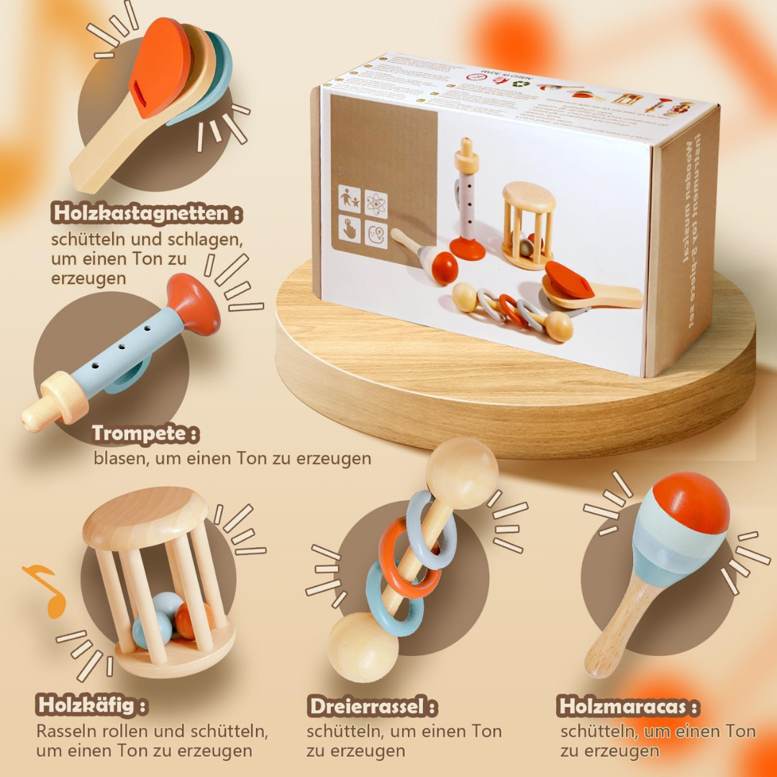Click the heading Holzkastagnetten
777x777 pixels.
(147, 214)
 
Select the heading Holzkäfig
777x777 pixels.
(92, 705)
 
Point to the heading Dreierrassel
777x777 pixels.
(372, 706)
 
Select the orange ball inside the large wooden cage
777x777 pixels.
(193, 620)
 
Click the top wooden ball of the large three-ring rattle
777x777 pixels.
(461, 473)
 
